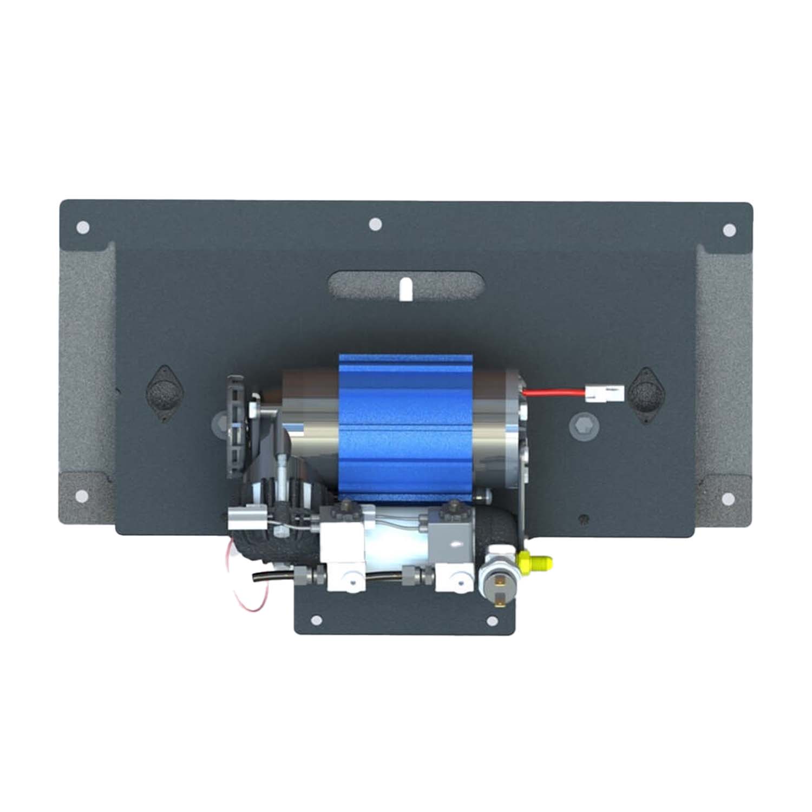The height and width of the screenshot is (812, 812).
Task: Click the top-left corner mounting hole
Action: pos(83,227)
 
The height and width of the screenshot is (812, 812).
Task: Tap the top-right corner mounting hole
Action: pos(729,230)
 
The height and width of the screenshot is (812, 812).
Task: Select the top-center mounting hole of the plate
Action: pos(375,224)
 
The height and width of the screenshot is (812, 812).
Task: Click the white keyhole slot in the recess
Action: pos(405,289)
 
